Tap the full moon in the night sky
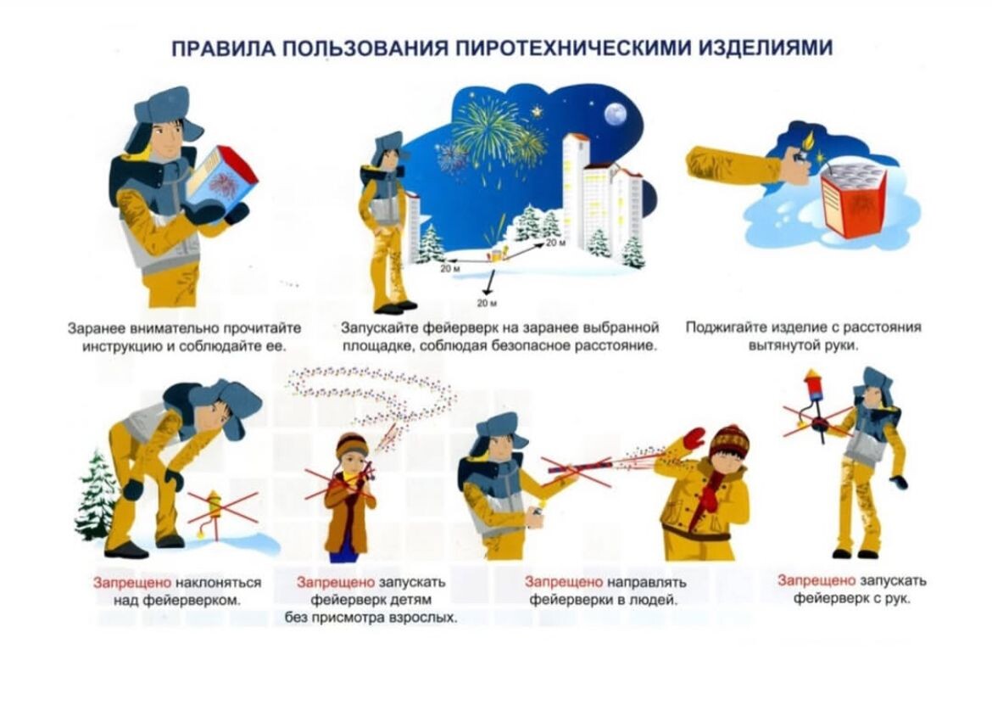point(615,115)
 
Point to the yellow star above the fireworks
point(538,111)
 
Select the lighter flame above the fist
point(809,138)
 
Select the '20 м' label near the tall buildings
point(555,243)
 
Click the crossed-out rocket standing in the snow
point(214,512)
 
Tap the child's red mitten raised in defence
point(694,437)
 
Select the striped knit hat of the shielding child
point(729,441)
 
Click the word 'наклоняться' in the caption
point(218,582)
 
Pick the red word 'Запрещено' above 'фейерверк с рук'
point(816,580)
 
